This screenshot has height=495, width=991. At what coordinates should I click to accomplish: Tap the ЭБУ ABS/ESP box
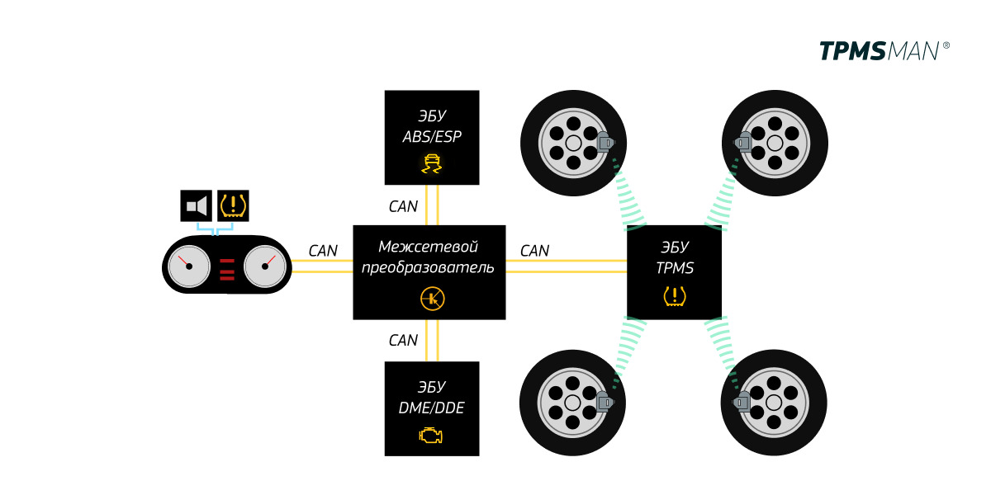[432, 137]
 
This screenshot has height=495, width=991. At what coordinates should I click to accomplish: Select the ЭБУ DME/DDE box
[432, 408]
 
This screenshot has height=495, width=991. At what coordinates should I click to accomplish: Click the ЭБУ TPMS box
[674, 271]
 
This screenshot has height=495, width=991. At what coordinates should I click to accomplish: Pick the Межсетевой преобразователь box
[429, 271]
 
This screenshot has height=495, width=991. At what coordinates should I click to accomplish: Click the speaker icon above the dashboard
[197, 205]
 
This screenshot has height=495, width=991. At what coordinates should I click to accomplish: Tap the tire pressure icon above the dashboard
[233, 205]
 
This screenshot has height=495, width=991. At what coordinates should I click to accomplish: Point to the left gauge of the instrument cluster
[189, 266]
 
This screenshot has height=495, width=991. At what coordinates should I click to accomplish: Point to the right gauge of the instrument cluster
[265, 266]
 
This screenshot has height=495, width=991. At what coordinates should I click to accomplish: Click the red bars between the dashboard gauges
[227, 269]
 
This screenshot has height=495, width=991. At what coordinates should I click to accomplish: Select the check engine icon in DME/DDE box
[431, 435]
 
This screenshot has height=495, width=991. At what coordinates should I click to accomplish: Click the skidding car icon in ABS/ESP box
[431, 163]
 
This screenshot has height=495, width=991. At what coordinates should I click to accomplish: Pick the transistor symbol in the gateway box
[432, 299]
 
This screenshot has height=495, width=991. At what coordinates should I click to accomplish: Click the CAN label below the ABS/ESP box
[403, 207]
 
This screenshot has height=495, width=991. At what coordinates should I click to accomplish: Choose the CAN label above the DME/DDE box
[403, 340]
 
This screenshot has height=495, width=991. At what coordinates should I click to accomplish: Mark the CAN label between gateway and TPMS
[534, 251]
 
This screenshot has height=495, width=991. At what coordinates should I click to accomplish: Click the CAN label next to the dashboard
[323, 251]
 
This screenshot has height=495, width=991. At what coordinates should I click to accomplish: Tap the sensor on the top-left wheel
[605, 144]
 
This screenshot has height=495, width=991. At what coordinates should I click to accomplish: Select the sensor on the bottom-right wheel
[742, 401]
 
